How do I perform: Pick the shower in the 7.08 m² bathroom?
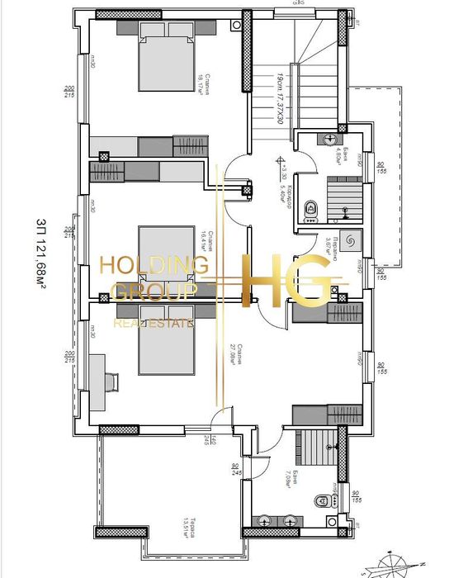click(314, 450)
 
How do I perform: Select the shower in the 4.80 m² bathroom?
click(343, 197)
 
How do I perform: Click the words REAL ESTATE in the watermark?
click(154, 322)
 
